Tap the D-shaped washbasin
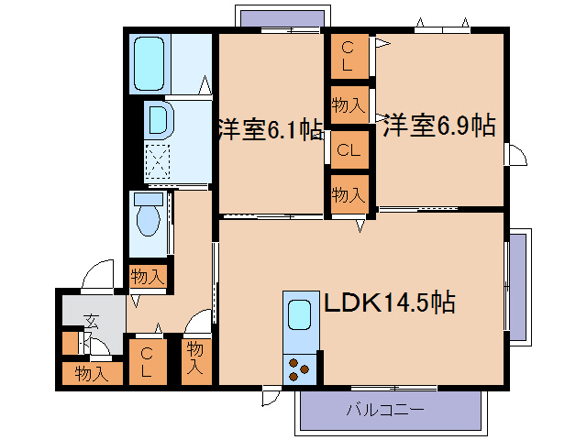158,119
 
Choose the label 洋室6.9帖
438,126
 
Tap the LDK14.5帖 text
388,301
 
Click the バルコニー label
385,410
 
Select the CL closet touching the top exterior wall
348,56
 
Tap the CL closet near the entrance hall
147,362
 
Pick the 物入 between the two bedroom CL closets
349,104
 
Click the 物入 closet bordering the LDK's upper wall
349,194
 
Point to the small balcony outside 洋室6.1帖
283,17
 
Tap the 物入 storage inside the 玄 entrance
92,373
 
